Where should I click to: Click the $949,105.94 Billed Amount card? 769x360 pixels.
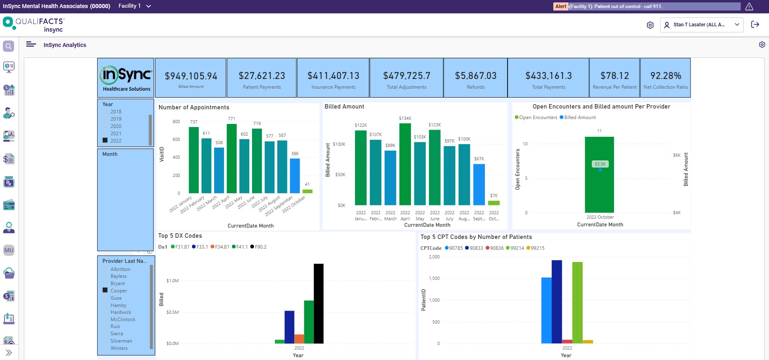pos(191,78)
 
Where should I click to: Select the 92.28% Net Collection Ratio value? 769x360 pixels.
pos(665,76)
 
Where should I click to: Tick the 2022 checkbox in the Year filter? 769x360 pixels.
pos(105,141)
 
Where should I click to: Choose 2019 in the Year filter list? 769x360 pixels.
pos(116,119)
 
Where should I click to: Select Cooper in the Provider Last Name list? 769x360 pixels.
pos(119,291)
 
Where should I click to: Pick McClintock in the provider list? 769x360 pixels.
pos(123,320)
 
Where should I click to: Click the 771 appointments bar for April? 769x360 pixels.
pos(232,158)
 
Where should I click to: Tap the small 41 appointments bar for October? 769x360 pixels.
pos(307,191)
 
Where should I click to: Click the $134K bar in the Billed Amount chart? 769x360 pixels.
pos(405,164)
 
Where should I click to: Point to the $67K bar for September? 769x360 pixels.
pos(479,184)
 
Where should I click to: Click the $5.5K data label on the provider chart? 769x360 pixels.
pos(600,164)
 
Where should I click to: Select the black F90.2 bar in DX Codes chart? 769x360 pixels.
pos(319,304)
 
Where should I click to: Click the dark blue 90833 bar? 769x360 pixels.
pos(557,302)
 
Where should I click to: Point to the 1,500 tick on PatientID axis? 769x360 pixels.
pos(434,279)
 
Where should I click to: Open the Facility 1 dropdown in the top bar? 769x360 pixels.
pos(134,6)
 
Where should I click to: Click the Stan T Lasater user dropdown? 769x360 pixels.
pos(701,25)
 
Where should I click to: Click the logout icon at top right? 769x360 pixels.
pos(755,25)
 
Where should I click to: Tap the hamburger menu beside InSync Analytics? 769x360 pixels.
pos(31,45)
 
